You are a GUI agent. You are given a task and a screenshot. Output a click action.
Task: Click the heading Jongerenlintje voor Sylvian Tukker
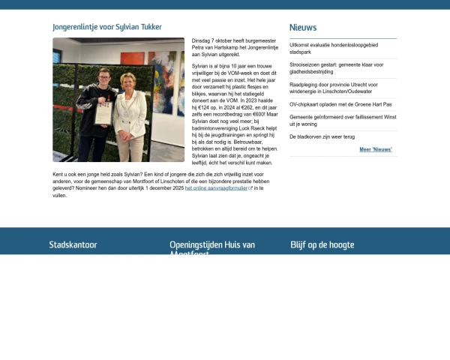(107, 27)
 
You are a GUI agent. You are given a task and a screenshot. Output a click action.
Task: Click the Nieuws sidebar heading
(303, 28)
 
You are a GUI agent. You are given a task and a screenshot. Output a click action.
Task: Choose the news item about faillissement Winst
(342, 120)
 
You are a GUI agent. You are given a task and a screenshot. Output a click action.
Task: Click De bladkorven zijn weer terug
(322, 136)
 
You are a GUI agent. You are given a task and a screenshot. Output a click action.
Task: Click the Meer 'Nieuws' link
(376, 149)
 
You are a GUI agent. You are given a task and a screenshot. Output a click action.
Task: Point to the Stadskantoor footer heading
(73, 244)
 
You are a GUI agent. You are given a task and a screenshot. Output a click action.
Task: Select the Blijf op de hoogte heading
(322, 244)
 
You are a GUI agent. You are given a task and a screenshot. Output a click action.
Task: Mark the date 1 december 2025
(159, 188)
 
